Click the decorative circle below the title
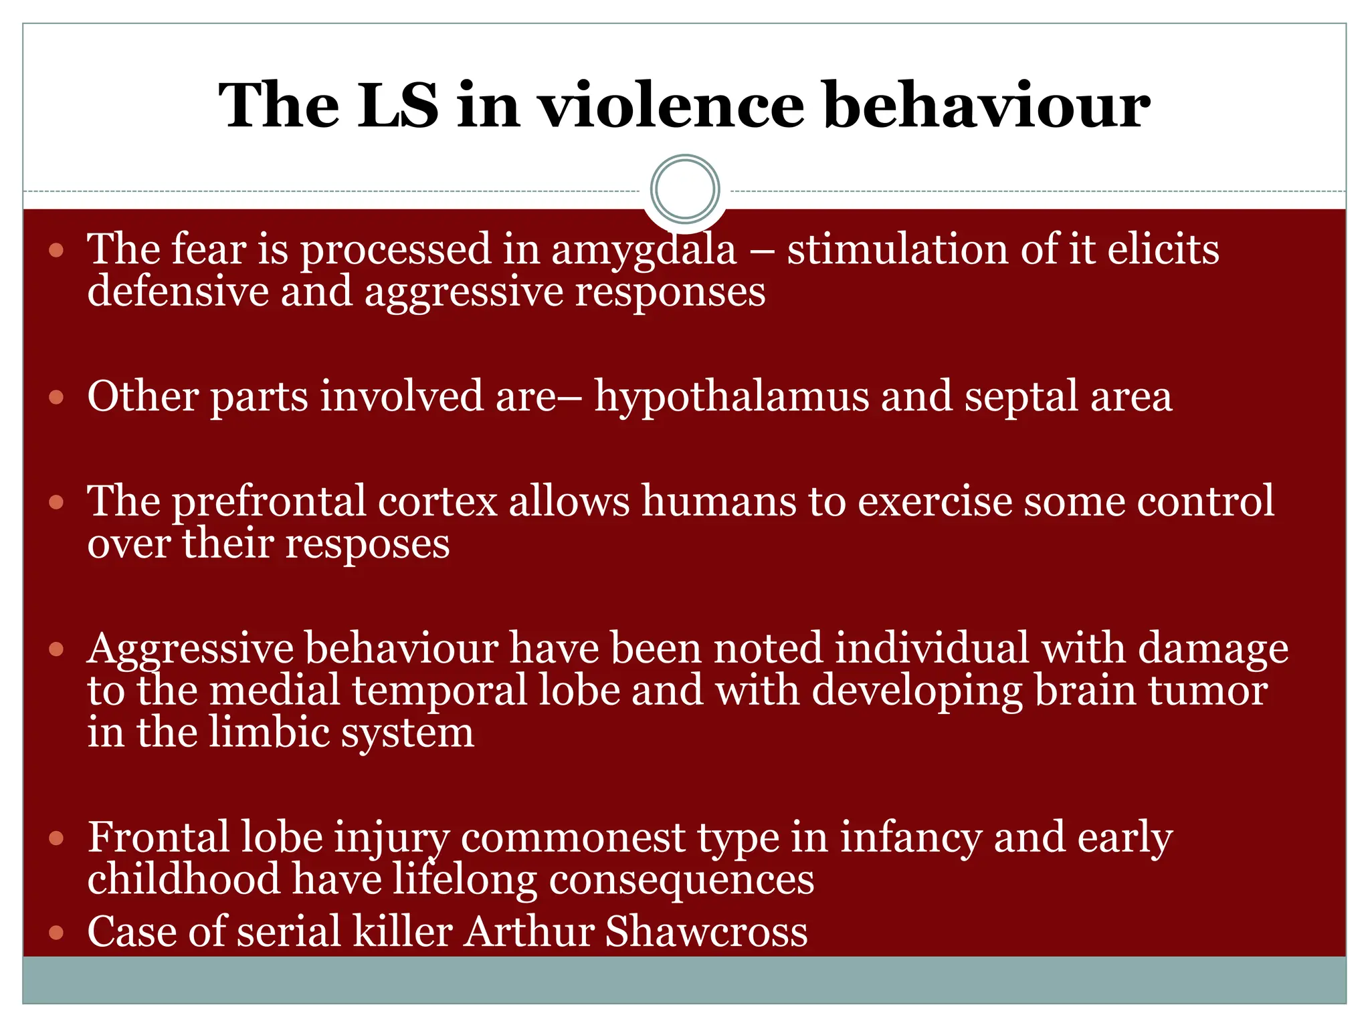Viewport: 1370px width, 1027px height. [x=685, y=189]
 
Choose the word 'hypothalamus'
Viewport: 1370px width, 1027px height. [x=732, y=397]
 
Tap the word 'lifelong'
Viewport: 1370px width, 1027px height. [x=464, y=880]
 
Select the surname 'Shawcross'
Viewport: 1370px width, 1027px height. [x=706, y=931]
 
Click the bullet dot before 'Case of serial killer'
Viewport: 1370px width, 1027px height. [x=56, y=933]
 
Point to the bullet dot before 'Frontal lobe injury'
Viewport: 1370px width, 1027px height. [x=56, y=838]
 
